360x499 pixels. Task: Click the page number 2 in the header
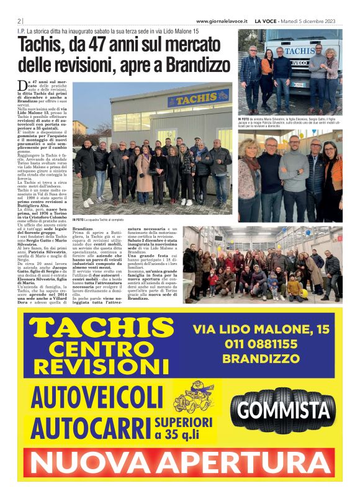tap(19, 20)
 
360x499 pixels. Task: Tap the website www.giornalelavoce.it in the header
tap(221, 20)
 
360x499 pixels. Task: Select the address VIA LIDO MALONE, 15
tap(261, 329)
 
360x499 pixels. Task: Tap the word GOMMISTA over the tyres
tap(283, 410)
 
